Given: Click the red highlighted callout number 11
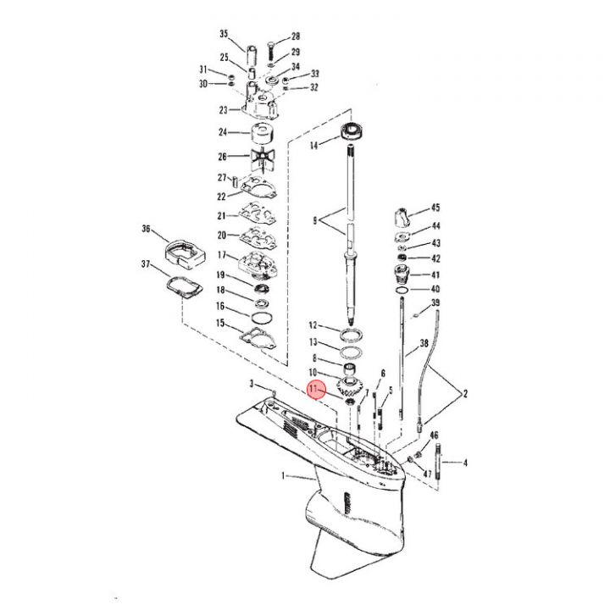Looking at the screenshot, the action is (x=313, y=388).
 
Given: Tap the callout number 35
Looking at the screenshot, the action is (x=224, y=34).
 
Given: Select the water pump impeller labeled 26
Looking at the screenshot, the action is (x=262, y=158).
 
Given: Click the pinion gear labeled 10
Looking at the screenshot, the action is (x=349, y=385).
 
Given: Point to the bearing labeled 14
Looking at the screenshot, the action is (x=352, y=130).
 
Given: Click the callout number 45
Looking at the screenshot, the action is (x=435, y=208).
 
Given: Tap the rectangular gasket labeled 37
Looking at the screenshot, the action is (x=185, y=287).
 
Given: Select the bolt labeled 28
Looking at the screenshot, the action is (x=272, y=52).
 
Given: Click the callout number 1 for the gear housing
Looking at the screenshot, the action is (x=283, y=475).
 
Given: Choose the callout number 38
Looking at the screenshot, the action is (x=424, y=343).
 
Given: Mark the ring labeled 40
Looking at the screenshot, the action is (x=402, y=291).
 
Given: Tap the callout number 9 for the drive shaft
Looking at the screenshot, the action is (x=315, y=220).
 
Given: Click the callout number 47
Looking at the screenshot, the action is (x=428, y=474).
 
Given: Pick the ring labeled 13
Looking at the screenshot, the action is (x=352, y=352).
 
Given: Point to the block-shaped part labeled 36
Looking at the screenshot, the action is (x=185, y=254).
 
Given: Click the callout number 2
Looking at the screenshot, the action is (x=465, y=394).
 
